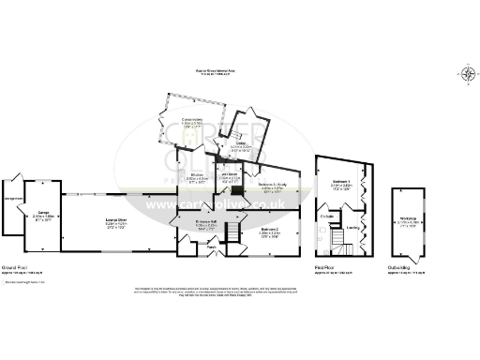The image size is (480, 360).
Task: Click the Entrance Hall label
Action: click(206, 222)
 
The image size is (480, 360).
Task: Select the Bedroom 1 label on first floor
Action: click(340, 182)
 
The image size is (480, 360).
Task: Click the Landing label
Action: click(352, 226)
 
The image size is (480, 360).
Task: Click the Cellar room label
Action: click(242, 144)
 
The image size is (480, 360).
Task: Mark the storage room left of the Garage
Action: click(13, 199)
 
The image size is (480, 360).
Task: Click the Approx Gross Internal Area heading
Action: click(239, 69)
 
